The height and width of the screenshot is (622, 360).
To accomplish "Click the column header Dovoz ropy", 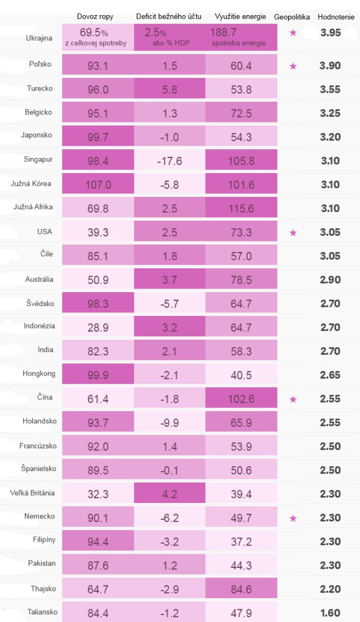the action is (95, 16).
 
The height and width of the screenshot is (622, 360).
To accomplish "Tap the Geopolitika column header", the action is (292, 17).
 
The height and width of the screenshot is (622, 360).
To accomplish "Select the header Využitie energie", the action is (240, 16).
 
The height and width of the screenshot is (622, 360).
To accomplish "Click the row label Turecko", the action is (39, 88).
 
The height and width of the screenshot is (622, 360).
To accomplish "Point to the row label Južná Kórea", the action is (31, 184).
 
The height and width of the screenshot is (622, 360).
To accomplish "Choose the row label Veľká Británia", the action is (32, 493).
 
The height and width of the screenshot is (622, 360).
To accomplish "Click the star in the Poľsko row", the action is (293, 66).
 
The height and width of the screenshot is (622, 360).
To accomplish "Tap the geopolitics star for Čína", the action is (293, 399).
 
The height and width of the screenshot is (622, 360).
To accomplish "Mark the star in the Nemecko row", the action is (293, 518).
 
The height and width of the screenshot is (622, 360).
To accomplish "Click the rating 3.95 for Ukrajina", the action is (330, 33).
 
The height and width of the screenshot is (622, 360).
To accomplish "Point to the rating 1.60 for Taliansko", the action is (330, 613).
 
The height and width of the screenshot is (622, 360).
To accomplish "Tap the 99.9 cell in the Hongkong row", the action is (98, 374).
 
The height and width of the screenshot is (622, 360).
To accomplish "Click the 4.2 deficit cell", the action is (170, 493).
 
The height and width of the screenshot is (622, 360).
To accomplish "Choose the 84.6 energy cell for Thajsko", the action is (241, 588).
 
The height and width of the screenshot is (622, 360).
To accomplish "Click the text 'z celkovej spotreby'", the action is (96, 43).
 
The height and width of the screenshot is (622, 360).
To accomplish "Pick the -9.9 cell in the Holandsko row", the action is (170, 422).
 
